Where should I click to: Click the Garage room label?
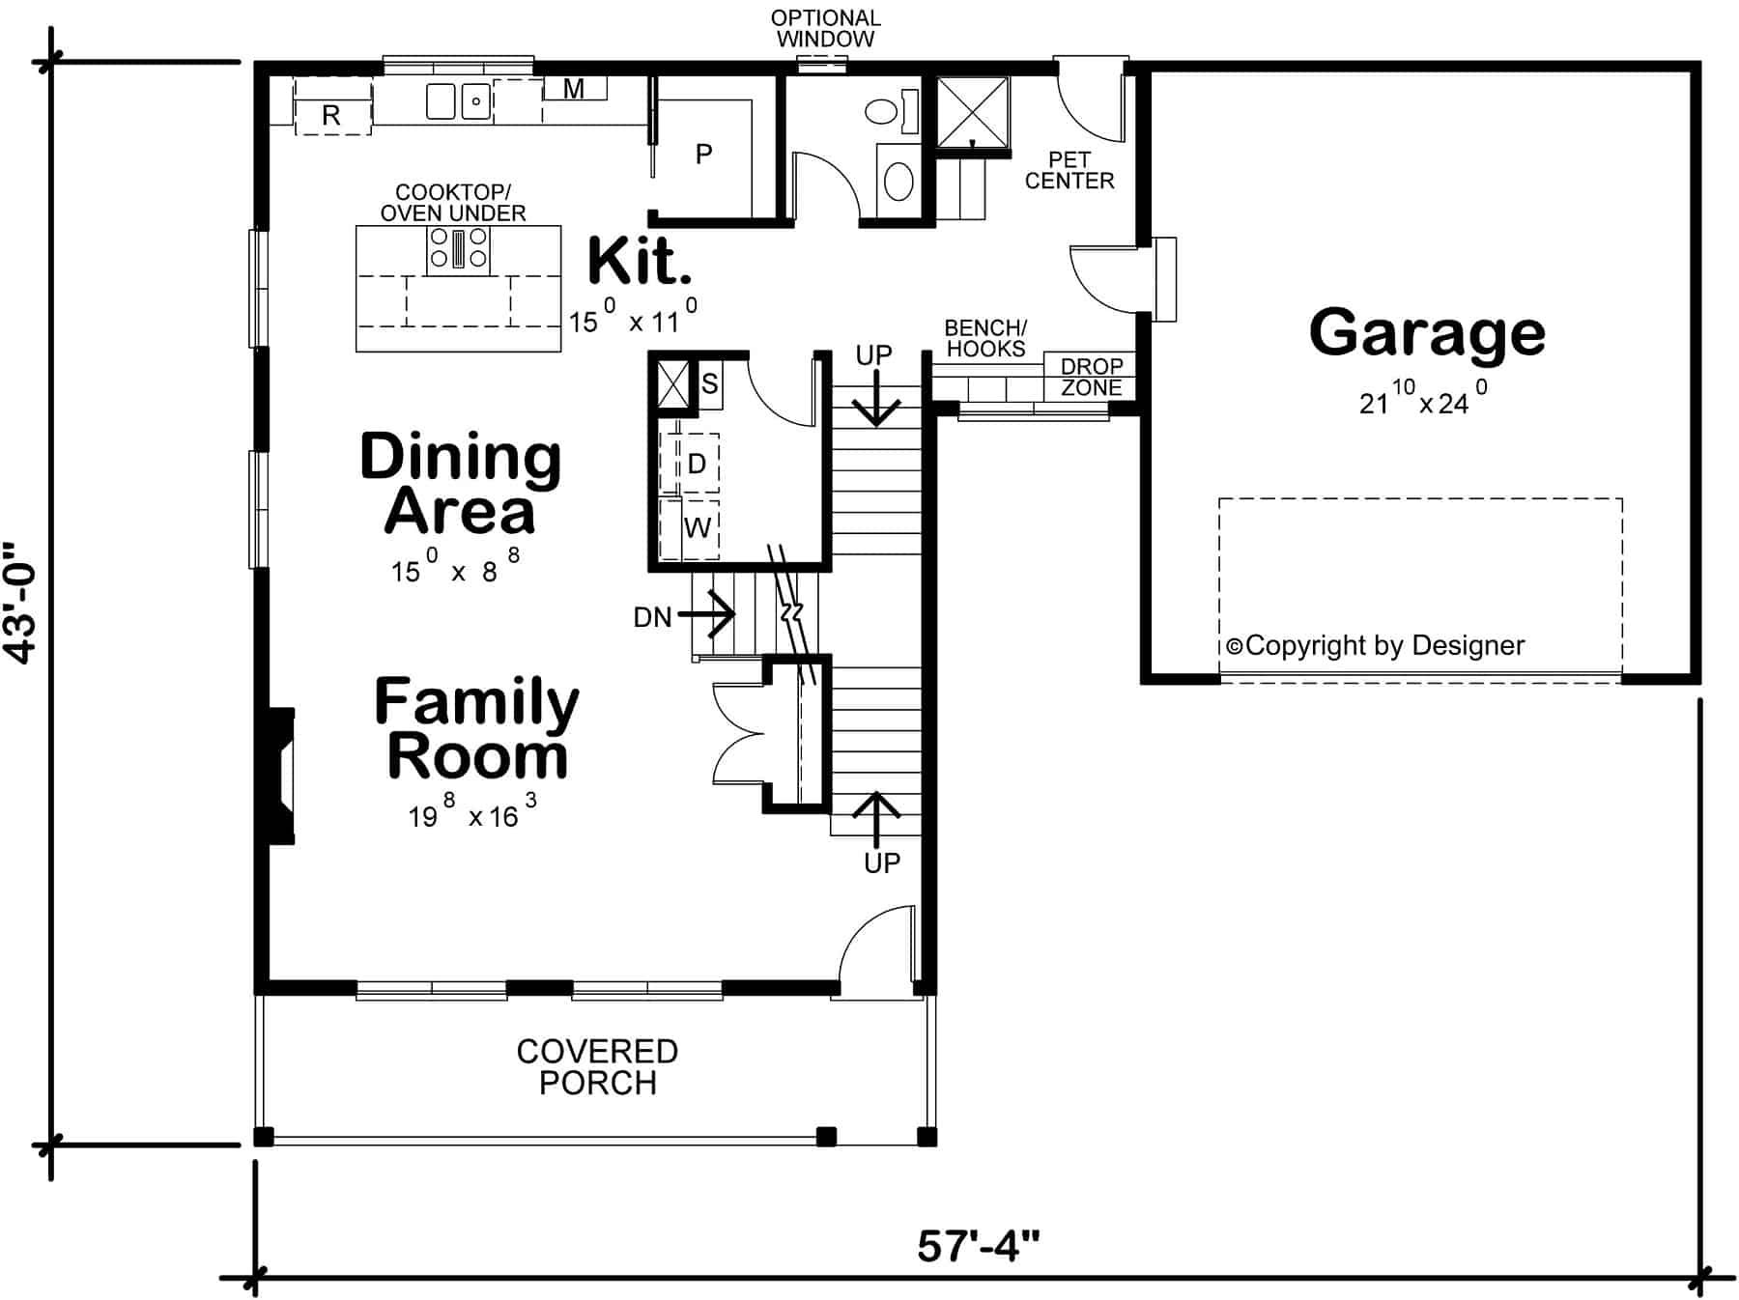1427,333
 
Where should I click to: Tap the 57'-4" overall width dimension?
978,1246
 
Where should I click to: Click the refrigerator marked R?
331,115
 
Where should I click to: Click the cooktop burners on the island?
458,248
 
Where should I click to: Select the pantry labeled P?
703,155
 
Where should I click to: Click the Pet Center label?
1069,170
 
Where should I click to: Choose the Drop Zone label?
1092,377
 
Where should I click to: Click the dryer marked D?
697,464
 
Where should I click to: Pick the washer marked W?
697,527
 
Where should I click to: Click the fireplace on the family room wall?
281,777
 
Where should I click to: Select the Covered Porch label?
597,1066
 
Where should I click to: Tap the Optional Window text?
825,29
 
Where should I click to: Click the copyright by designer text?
1376,645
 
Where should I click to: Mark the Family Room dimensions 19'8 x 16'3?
471,813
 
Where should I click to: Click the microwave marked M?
574,89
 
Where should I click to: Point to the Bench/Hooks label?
985,338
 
